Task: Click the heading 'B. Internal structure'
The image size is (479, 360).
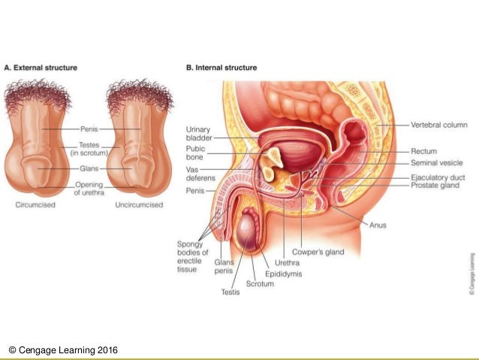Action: pyautogui.click(x=221, y=68)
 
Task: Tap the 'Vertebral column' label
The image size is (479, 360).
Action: pyautogui.click(x=439, y=125)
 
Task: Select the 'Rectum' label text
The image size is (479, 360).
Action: pyautogui.click(x=424, y=150)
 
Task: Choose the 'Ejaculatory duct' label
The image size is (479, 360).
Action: pyautogui.click(x=438, y=177)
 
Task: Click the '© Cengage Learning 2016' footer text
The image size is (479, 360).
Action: pyautogui.click(x=63, y=350)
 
